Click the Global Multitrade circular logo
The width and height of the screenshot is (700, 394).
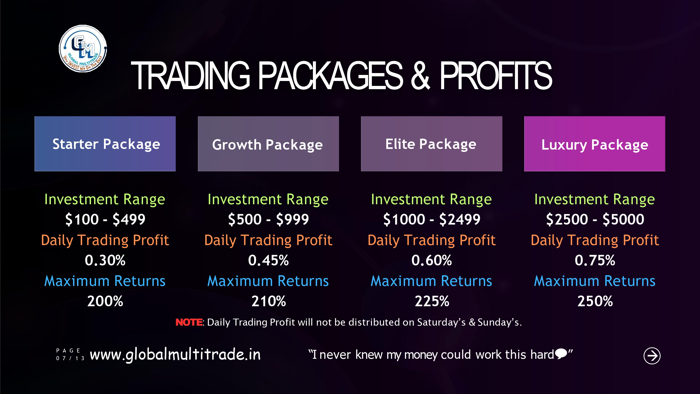tap(83, 49)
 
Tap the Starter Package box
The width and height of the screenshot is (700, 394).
tap(105, 144)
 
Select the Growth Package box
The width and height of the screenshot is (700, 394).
tap(268, 144)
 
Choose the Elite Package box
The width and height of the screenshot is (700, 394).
tap(431, 144)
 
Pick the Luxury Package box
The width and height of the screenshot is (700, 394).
tap(595, 144)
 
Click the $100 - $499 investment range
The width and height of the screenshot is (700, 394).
tap(105, 219)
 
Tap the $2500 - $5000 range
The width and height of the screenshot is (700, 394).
tap(595, 219)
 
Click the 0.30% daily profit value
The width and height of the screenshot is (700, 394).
tap(105, 260)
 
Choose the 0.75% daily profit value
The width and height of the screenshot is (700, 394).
tap(595, 260)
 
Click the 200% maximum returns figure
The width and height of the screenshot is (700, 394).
tap(105, 301)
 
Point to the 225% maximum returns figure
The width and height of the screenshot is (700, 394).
tap(432, 301)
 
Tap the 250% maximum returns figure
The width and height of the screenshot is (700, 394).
tap(595, 301)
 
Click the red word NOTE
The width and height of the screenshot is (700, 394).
tap(189, 322)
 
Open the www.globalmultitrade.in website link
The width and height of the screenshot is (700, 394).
tap(175, 355)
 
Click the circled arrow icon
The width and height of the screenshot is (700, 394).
tap(652, 355)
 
